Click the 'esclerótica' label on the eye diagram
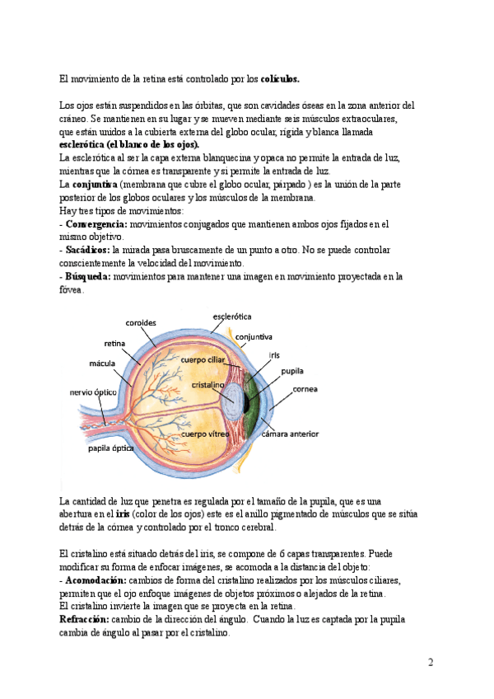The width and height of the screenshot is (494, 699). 232,316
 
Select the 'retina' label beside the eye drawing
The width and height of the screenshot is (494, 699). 114,342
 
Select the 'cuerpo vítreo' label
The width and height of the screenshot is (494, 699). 205,433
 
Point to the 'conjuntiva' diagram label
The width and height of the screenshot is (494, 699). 254,336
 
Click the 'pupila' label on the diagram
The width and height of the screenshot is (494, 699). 292,372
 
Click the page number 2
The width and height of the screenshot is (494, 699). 431,662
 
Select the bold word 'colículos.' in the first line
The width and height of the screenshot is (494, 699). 280,79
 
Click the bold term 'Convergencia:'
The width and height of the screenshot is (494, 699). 96,224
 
